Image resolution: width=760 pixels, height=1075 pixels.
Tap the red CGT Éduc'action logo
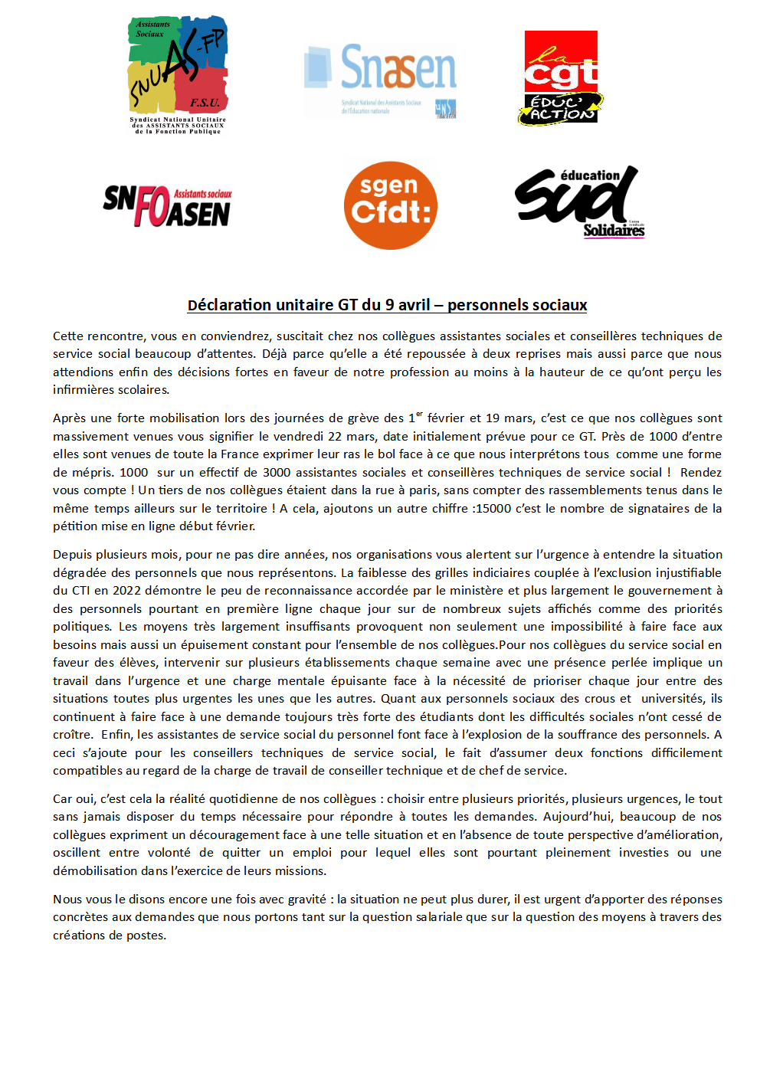pos(561,77)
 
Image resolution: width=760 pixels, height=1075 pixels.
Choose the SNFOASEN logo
pos(167,206)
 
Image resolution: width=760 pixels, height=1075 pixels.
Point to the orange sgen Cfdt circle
pos(391,205)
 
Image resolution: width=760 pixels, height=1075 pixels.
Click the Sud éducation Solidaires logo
pos(580,202)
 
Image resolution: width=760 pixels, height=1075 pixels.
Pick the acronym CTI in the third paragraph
pos(80,590)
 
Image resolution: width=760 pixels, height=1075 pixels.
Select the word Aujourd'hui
pos(577,816)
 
